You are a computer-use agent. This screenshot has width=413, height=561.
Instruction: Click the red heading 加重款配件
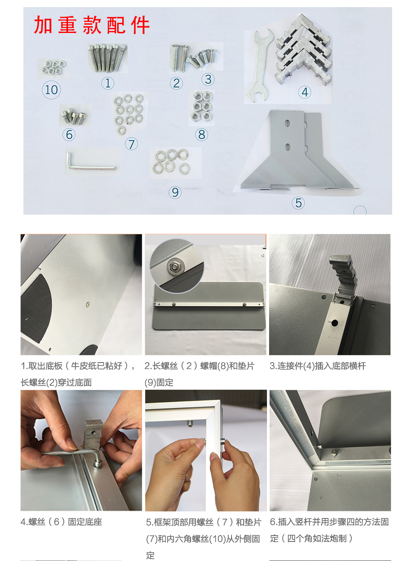92,25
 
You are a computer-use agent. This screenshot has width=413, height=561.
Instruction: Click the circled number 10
51,90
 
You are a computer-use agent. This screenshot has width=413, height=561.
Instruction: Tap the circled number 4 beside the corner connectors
305,92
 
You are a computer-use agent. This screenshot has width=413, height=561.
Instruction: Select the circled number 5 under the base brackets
298,203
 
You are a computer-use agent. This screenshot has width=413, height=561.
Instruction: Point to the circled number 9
175,192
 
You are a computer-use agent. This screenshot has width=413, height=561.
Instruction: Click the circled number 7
131,144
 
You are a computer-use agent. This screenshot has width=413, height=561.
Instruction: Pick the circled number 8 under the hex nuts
201,135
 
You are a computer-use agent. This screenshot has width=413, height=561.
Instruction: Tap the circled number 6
69,135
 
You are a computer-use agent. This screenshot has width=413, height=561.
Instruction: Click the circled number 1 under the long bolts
108,83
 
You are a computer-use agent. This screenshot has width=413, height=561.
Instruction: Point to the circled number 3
208,79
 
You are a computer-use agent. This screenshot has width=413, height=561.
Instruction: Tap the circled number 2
176,83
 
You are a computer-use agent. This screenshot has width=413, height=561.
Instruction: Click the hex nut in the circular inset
174,266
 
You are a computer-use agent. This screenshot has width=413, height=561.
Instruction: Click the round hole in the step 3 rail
334,323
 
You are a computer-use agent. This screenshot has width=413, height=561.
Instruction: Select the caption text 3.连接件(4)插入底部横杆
318,366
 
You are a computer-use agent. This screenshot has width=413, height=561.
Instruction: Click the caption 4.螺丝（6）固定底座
61,522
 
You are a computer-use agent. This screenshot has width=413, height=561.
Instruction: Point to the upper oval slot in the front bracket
287,123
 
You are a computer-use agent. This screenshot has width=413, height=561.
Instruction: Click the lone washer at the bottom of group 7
121,130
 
